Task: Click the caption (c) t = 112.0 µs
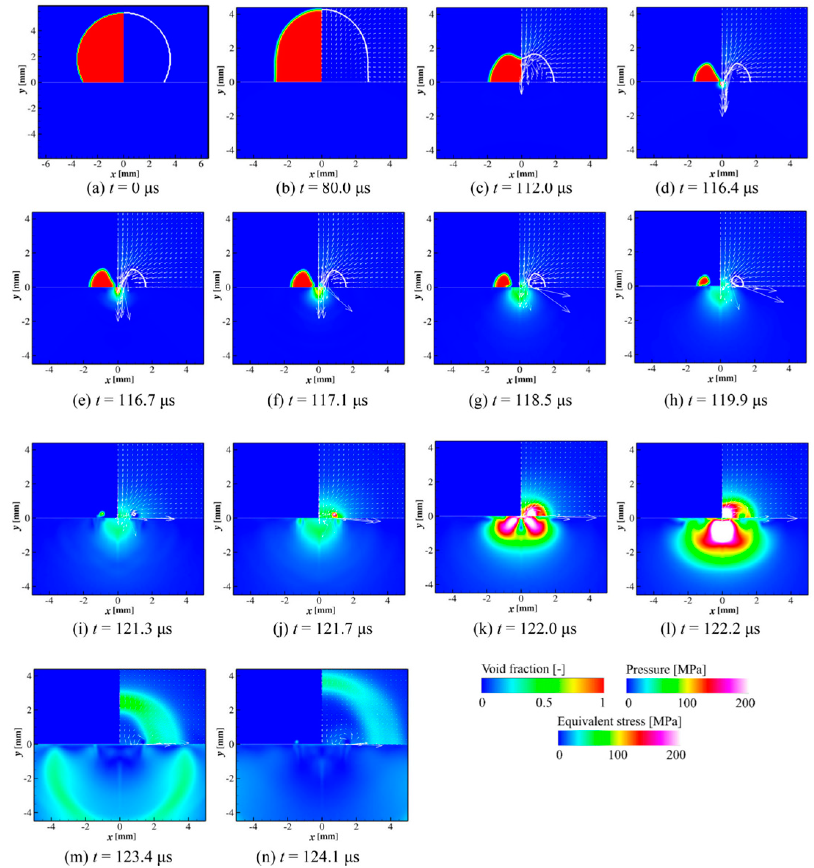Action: coord(521,189)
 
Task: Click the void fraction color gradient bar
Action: coord(543,685)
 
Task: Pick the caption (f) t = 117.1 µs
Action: coord(318,400)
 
